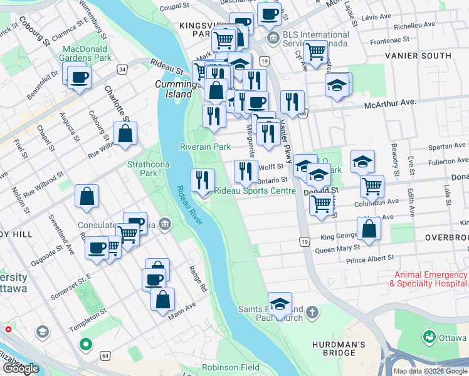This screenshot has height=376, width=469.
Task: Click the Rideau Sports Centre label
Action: [x=255, y=191]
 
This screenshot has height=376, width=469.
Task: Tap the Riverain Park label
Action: [x=206, y=147]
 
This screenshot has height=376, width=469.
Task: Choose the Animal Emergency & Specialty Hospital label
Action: [x=428, y=279]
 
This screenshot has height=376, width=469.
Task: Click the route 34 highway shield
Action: [x=122, y=68]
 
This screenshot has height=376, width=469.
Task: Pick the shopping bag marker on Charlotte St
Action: [x=125, y=133]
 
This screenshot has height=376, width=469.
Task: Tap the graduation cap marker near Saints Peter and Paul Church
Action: [x=280, y=305]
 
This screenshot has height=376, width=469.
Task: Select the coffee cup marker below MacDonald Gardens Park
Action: [x=80, y=78]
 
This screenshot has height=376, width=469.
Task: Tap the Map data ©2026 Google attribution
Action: [x=430, y=371]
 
